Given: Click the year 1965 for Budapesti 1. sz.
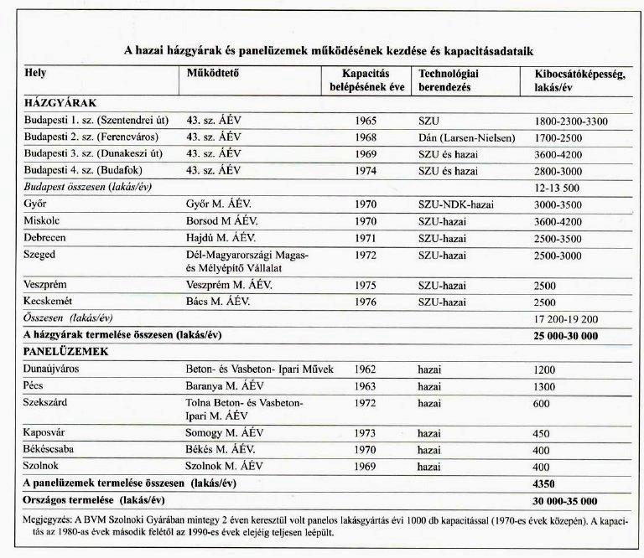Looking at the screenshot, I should point(368,121).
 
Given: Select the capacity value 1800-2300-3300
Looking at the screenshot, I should point(570,121).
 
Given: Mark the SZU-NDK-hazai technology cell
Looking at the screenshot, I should point(460,203).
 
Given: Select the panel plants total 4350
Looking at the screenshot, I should point(546,483).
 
